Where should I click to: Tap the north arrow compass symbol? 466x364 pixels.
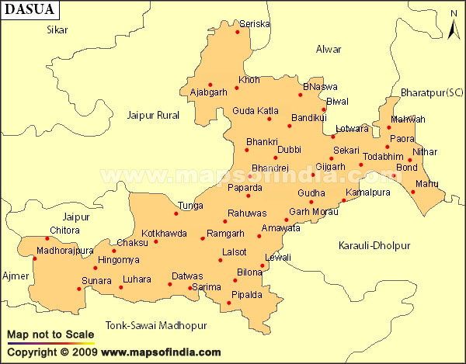point(454,25)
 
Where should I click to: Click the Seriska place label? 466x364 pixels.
point(255,24)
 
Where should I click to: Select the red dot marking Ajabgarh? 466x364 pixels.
point(210,85)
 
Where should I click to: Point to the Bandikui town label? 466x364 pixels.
point(308,118)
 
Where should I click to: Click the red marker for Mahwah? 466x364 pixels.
point(389,127)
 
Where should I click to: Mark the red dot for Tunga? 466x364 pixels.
point(176,213)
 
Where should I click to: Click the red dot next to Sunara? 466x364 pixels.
point(78,289)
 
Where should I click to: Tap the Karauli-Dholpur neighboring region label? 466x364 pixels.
point(374,246)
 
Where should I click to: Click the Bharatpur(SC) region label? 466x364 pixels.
point(431,92)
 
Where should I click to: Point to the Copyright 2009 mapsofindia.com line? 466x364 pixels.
point(113,353)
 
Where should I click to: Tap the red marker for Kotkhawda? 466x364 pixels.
point(155,241)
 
